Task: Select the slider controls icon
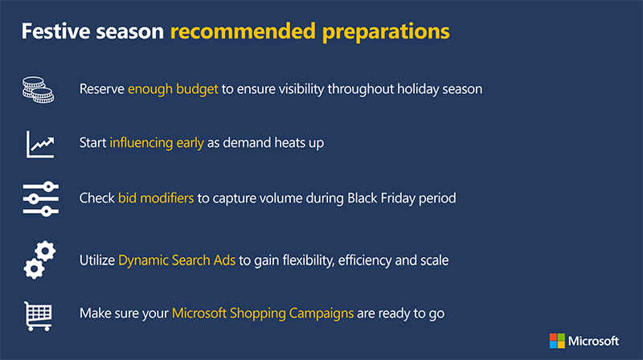point(39,198)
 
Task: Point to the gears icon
point(39,259)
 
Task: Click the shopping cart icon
point(39,313)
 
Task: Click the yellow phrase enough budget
point(173,89)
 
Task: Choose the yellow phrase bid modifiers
point(156,197)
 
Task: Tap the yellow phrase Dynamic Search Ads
point(177,260)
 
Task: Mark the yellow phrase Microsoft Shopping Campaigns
point(263,313)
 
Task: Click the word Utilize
point(97,260)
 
